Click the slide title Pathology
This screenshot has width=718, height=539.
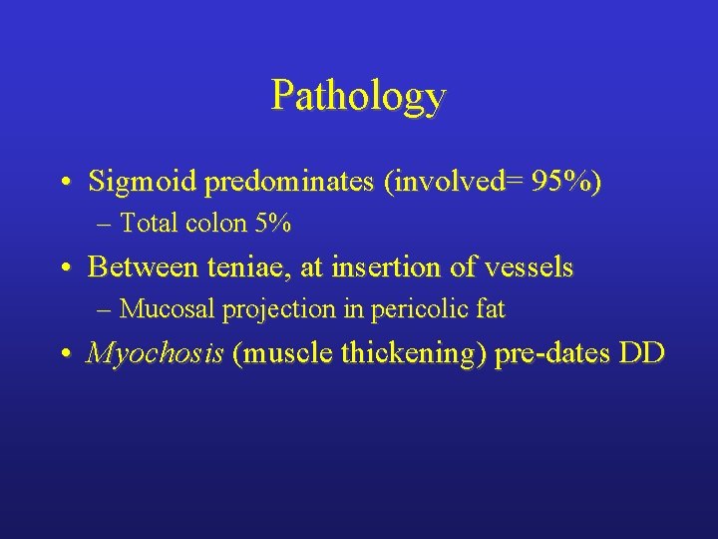pos(358,97)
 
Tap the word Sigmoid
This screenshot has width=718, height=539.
pos(129,182)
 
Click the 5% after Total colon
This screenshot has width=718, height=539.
pos(273,224)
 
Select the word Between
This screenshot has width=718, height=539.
pos(132,268)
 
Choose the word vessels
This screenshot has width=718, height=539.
pos(530,268)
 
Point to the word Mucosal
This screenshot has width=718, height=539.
pos(166,309)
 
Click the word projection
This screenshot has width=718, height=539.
pos(273,310)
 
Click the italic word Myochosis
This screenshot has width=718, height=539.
pos(155,354)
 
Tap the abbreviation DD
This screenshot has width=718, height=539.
pos(641,353)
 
